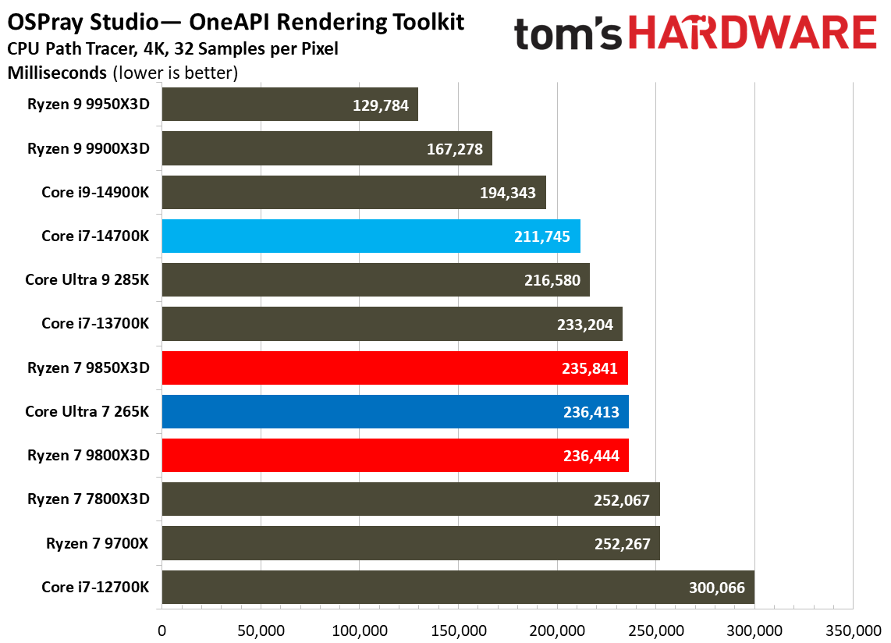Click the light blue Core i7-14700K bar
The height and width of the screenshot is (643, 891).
coord(371,236)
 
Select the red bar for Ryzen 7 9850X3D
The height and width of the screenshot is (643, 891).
coord(394,368)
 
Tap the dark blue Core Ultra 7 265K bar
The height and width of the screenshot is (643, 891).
coord(394,411)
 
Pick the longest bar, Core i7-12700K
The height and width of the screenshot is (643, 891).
coord(457,587)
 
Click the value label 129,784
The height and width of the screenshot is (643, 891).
coord(380,105)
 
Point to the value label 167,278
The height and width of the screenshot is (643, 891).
coord(454,148)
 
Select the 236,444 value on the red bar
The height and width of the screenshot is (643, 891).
coord(591,455)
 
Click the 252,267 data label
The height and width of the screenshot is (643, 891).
coord(622,543)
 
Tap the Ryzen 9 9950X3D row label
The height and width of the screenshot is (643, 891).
coord(88,104)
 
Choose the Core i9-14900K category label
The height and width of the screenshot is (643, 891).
coord(95,192)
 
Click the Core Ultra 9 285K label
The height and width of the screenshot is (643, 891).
coord(87,279)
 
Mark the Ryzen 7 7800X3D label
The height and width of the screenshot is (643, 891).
coord(88,499)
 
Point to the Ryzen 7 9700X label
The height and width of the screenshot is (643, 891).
coord(98,542)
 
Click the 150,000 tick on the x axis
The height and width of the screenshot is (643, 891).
coord(458,629)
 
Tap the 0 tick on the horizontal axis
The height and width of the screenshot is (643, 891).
coord(162,629)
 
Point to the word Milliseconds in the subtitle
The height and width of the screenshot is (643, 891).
coord(57,73)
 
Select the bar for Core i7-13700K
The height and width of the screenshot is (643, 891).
coord(392,324)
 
